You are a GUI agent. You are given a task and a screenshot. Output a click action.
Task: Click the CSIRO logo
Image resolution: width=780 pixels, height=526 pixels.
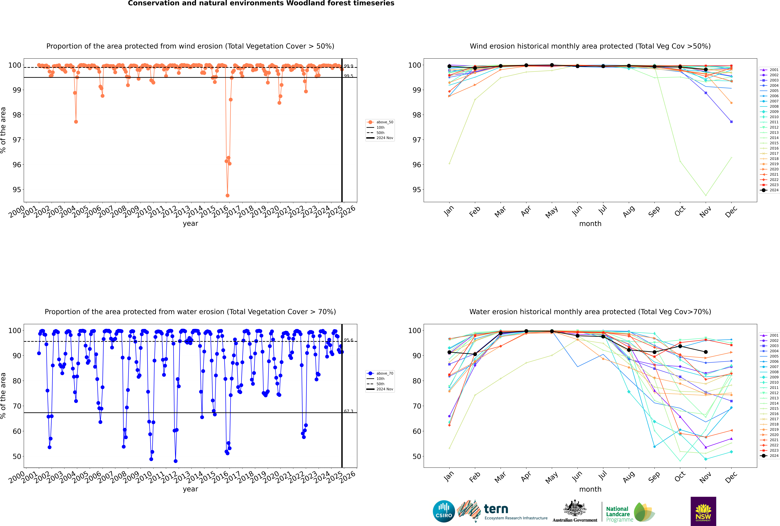[x=444, y=511]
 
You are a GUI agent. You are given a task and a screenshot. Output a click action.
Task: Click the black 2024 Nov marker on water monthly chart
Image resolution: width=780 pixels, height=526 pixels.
[x=706, y=352]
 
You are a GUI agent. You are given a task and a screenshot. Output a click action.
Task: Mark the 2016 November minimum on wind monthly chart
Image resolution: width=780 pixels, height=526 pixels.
[x=706, y=195]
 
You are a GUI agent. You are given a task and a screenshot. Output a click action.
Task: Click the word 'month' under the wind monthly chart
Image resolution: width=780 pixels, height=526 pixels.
[x=590, y=224]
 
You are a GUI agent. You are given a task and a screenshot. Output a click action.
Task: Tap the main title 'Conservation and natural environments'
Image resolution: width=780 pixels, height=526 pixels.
[x=261, y=3]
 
